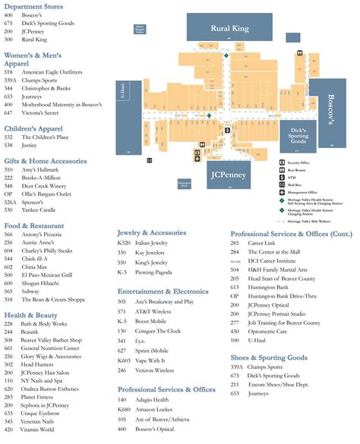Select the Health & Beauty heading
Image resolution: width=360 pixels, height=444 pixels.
pos(31,314)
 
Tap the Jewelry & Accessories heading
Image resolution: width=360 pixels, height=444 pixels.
pos(157,232)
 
